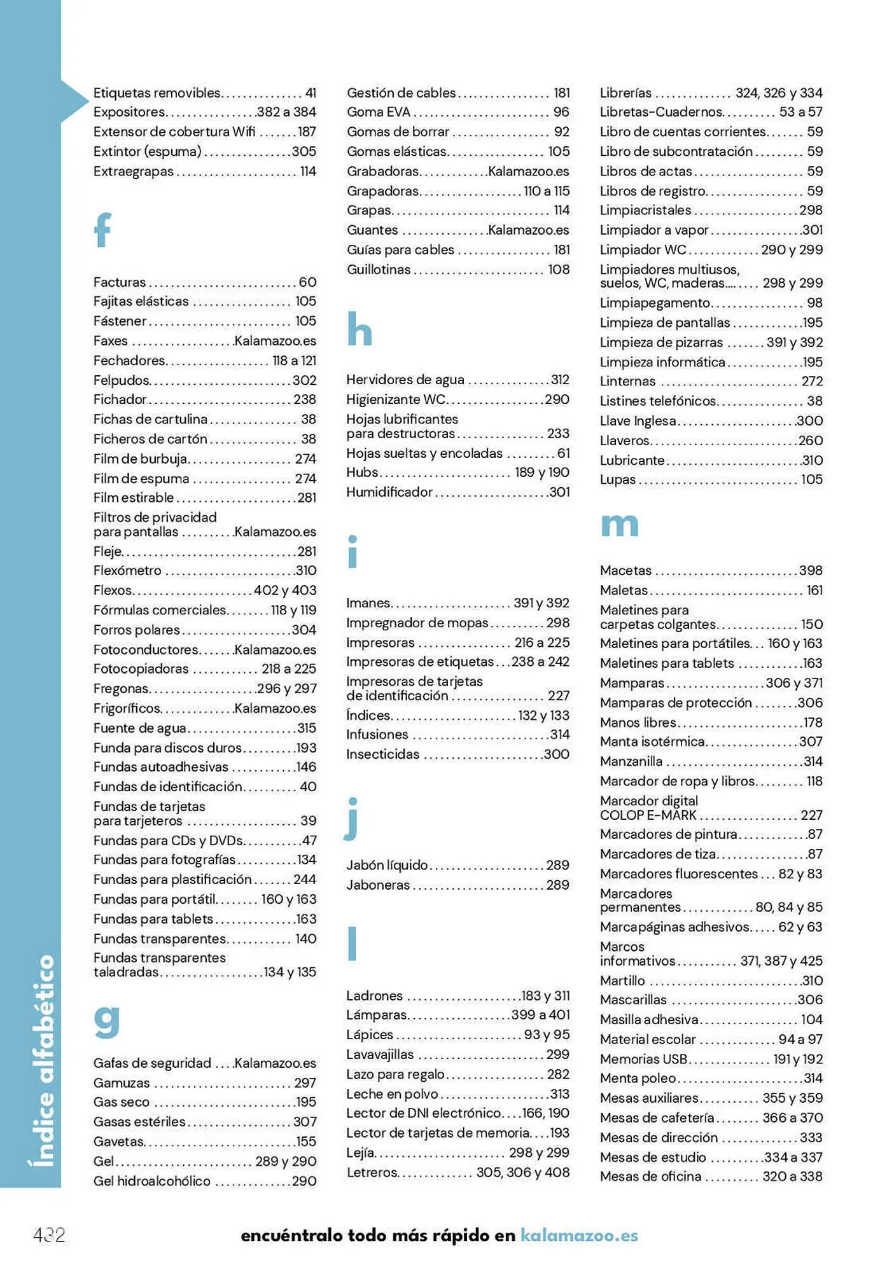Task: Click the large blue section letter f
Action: click(102, 230)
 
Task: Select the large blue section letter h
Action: click(360, 329)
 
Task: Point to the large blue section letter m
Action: click(619, 525)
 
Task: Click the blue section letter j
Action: click(352, 819)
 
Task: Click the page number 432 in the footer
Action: click(49, 1235)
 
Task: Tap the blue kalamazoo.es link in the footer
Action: click(579, 1235)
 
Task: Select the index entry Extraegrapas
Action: click(134, 171)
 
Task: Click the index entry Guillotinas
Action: click(379, 270)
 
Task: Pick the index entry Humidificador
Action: click(389, 492)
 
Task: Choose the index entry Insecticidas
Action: click(383, 754)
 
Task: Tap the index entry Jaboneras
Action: click(378, 885)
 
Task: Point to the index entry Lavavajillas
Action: click(380, 1054)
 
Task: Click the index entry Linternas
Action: click(627, 382)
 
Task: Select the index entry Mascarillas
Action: click(633, 1000)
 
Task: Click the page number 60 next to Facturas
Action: click(307, 282)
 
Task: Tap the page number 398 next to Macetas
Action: click(811, 570)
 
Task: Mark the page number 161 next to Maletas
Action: click(814, 590)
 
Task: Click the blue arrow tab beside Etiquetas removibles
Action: click(74, 100)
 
